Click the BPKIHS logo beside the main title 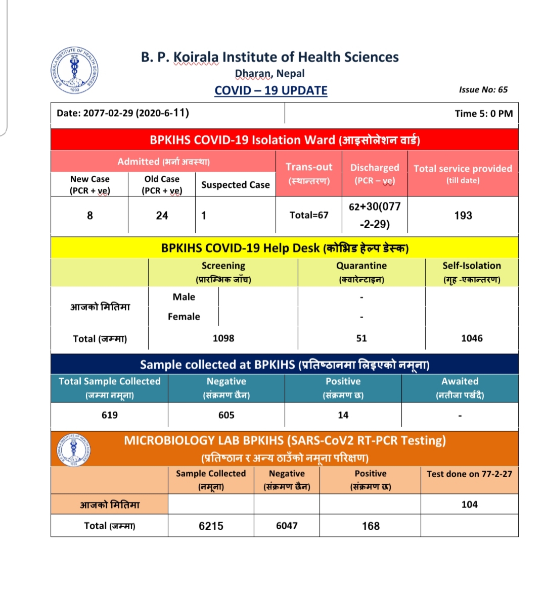(75, 71)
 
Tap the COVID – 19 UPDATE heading (271, 90)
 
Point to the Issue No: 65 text (483, 89)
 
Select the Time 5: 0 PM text (484, 114)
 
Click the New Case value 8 (90, 216)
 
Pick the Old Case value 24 (162, 216)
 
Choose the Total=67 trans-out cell (309, 215)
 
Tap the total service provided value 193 (463, 216)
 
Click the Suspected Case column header (236, 185)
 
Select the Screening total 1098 (223, 338)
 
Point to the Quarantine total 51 (361, 338)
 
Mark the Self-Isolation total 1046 (472, 338)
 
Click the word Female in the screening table (184, 317)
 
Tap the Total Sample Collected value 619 (110, 415)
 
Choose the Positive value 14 (343, 415)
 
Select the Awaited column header (460, 382)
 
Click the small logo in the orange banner (74, 449)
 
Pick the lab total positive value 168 (371, 526)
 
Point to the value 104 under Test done (470, 504)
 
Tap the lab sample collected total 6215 (211, 526)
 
